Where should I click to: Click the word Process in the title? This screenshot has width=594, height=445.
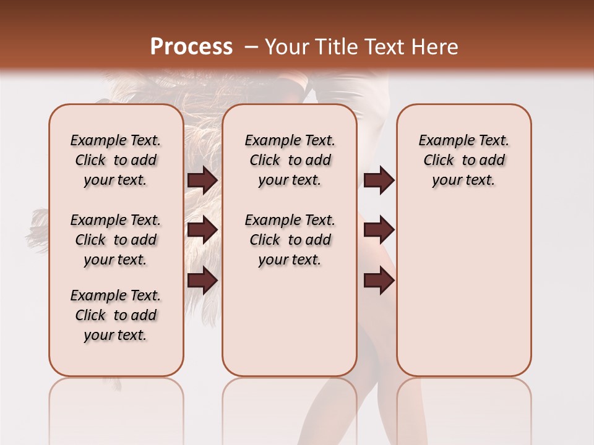click(191, 46)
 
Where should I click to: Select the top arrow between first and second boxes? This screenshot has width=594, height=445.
click(202, 180)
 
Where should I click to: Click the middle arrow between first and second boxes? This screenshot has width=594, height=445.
click(202, 229)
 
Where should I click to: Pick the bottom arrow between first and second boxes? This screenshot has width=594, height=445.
click(202, 279)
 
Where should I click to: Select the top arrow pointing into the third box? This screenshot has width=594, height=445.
click(379, 180)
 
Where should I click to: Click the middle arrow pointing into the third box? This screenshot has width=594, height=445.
click(379, 229)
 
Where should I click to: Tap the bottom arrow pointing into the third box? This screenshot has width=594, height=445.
click(379, 281)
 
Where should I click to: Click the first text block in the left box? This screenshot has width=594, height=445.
click(116, 160)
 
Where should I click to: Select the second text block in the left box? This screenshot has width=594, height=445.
click(116, 240)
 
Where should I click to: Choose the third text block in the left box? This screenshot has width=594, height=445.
click(116, 315)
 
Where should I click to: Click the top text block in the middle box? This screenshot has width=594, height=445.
click(290, 160)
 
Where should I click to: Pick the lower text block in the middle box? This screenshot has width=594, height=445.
click(290, 240)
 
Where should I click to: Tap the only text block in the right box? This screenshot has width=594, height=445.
click(463, 160)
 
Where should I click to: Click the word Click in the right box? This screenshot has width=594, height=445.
click(439, 161)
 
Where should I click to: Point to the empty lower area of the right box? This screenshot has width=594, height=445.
click(463, 290)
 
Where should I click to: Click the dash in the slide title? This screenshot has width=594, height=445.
click(251, 46)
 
